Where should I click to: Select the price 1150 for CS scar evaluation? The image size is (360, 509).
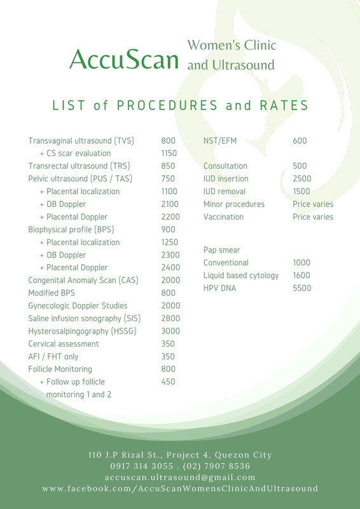(x=169, y=153)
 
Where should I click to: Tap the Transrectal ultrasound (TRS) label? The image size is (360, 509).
(x=79, y=166)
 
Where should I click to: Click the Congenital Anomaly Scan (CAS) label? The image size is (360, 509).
(x=83, y=281)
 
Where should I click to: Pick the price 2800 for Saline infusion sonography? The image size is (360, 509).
(x=171, y=318)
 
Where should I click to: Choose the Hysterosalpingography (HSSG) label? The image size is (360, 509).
(x=83, y=331)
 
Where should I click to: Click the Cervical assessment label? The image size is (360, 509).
(x=64, y=344)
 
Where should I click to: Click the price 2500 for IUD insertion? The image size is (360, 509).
(x=302, y=179)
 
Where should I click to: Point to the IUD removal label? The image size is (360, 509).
(x=225, y=192)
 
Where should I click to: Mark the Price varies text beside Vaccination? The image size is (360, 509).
(x=313, y=217)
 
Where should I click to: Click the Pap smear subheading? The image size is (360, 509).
(x=221, y=250)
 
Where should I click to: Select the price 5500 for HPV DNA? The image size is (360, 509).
(x=302, y=288)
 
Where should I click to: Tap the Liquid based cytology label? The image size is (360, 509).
(x=241, y=275)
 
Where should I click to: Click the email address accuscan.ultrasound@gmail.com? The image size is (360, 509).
(x=180, y=477)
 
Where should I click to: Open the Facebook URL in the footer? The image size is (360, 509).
(x=180, y=489)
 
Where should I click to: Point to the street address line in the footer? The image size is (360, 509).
(x=180, y=455)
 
